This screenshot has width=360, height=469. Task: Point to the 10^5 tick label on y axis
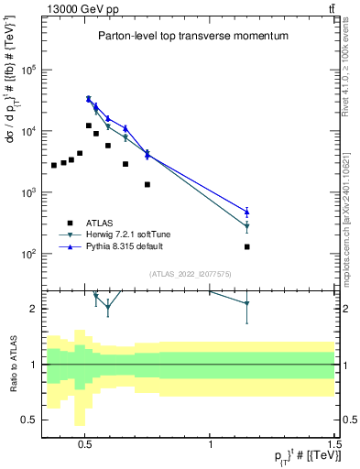point(30,70)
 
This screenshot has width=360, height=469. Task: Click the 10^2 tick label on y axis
point(30,254)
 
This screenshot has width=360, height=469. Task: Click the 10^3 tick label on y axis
point(30,192)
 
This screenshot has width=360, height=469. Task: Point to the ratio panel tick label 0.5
point(28,420)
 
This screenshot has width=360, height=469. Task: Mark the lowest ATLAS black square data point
point(247,246)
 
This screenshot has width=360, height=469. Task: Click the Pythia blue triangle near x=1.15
point(247,211)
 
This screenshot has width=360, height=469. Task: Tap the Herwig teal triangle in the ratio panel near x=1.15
point(247,304)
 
